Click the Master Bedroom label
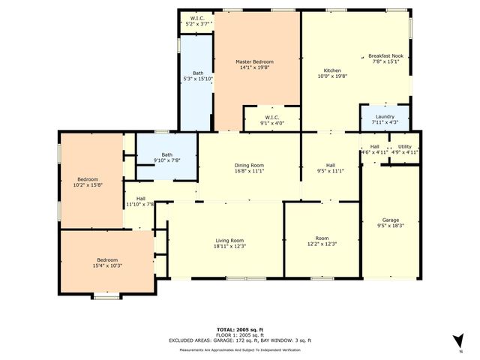coord(254,61)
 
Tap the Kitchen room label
coord(332,70)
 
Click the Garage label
coord(391,220)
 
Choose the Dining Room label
coord(249,165)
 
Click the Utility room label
coord(404,146)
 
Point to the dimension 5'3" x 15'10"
coord(198,79)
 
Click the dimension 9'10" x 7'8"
coord(166,160)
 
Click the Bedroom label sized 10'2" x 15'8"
coord(89,179)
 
